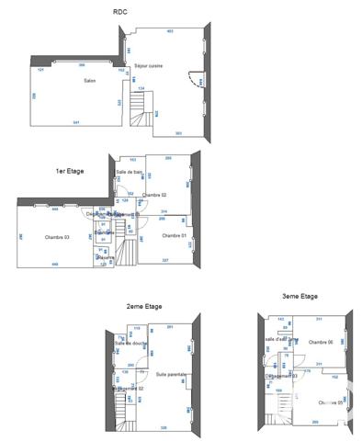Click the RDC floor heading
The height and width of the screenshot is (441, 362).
[x=119, y=11]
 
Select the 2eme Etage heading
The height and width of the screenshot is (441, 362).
[x=143, y=306]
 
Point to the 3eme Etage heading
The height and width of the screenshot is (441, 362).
[x=300, y=296]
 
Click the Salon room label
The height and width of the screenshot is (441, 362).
[x=90, y=81]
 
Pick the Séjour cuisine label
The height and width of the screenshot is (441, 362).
[x=148, y=66]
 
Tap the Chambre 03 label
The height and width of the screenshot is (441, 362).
[x=57, y=237]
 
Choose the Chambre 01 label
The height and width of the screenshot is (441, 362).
[x=175, y=235]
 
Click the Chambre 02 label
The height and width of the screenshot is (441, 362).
[x=154, y=195]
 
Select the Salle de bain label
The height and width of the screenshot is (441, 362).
[x=129, y=172]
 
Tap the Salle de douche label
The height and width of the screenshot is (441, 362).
[x=130, y=343]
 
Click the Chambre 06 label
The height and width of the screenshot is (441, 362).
[x=320, y=342]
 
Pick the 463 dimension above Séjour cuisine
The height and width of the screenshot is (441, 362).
[x=170, y=31]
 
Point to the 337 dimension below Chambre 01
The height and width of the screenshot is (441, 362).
[x=165, y=261]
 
